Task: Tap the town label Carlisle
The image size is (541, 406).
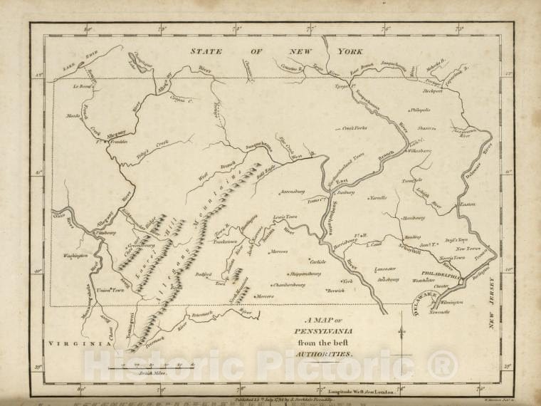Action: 317,261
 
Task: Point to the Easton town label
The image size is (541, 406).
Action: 467,204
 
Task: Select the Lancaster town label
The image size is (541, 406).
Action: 385,269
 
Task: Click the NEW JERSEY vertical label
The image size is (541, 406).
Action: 490,303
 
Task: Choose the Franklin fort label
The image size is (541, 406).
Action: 117,142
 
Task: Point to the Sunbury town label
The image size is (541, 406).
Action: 346,191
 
